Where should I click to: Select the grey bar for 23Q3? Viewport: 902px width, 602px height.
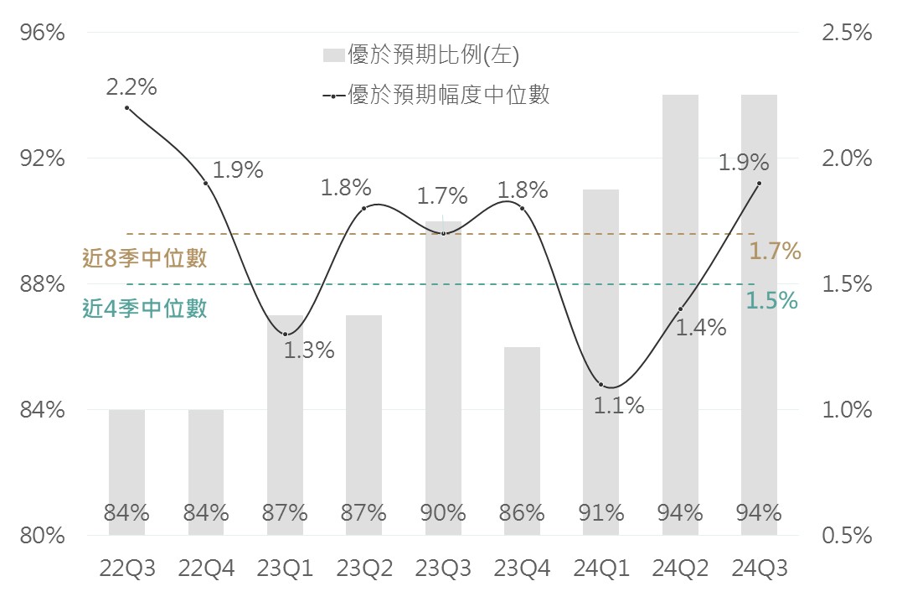click(x=443, y=377)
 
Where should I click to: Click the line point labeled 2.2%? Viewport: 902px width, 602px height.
click(x=126, y=108)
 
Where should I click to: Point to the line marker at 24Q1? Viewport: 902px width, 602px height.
click(x=600, y=384)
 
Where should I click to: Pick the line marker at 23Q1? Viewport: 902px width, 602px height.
click(x=286, y=335)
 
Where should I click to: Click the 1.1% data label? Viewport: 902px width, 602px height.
click(x=619, y=407)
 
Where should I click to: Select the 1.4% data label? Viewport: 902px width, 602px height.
click(x=700, y=328)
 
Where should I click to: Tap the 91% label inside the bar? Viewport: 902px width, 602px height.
click(x=600, y=513)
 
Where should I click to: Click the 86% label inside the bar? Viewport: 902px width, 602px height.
click(x=522, y=513)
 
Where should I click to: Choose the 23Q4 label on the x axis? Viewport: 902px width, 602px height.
click(x=522, y=569)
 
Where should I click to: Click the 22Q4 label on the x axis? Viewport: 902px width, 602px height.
click(x=206, y=569)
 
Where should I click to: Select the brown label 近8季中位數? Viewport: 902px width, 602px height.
click(x=145, y=258)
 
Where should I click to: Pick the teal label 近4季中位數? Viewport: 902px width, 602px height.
click(x=145, y=309)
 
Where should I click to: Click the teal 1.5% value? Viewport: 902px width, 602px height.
click(x=771, y=301)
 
